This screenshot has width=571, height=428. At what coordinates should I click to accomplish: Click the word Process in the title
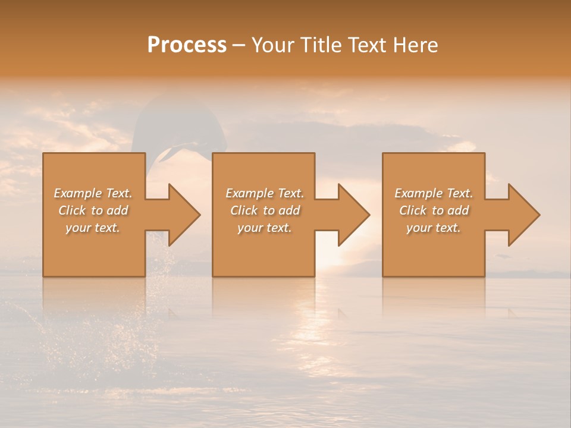coord(187,45)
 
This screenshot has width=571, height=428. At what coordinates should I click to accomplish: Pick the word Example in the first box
coord(77,193)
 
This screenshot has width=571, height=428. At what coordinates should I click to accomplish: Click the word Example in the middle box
coord(249,193)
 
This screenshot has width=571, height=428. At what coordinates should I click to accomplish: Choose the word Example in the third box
coord(418,193)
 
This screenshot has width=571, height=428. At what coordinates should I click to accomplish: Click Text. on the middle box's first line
coord(290,193)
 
